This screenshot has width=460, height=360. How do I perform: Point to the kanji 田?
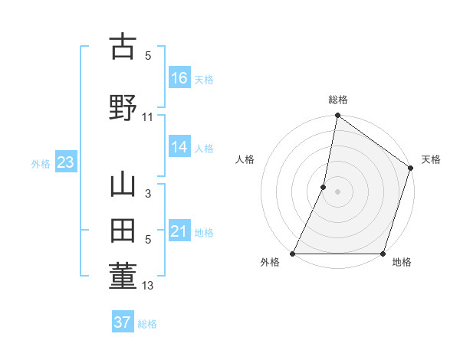click(x=123, y=231)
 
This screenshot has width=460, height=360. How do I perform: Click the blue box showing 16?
click(x=179, y=78)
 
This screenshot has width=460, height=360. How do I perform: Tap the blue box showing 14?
click(x=179, y=148)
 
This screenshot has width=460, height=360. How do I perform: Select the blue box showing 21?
click(x=179, y=231)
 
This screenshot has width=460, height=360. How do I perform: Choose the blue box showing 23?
click(x=65, y=162)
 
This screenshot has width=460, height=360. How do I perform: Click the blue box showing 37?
click(x=123, y=322)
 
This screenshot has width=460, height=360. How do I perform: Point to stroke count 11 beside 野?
click(x=148, y=117)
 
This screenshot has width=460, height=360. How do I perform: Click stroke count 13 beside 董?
click(x=148, y=286)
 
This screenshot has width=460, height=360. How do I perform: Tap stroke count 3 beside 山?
click(x=148, y=194)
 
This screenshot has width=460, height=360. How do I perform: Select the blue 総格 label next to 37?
click(x=147, y=324)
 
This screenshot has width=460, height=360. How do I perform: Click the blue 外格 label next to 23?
click(x=41, y=163)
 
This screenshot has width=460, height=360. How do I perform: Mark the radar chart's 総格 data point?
click(x=337, y=116)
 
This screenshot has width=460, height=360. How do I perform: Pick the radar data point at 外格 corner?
click(x=293, y=254)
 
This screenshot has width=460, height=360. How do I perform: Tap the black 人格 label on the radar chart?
click(x=245, y=159)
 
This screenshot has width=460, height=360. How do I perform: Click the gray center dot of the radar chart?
click(x=337, y=192)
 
